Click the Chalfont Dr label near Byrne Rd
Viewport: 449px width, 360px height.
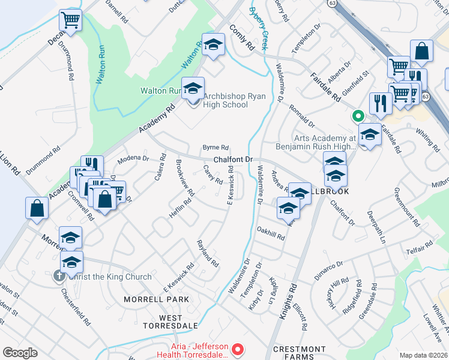[x=232, y=160]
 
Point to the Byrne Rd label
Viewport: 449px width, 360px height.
[x=215, y=147]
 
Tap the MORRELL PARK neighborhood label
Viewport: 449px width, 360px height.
[x=156, y=299]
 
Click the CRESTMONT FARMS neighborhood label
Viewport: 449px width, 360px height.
[x=300, y=353]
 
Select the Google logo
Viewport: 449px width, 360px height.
[x=20, y=353]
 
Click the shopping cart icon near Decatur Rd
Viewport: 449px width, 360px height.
[x=71, y=21]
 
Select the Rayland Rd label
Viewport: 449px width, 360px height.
[x=208, y=253]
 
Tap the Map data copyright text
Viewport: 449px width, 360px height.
[x=424, y=355]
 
